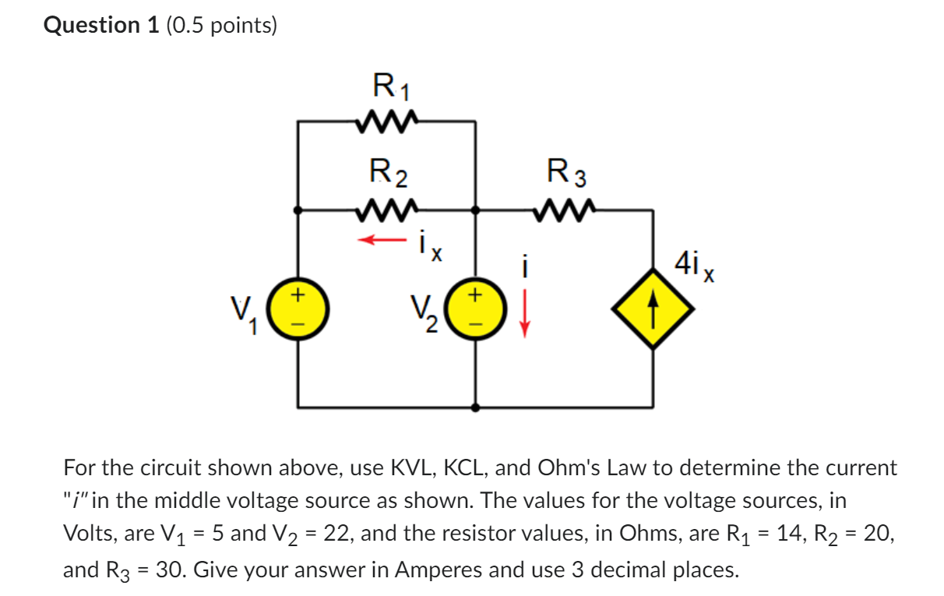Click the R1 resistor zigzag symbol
tap(387, 122)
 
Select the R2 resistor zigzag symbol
tap(387, 210)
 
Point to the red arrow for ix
tap(382, 240)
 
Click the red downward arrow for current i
tap(525, 312)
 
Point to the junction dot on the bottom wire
tap(476, 407)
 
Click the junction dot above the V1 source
tap(298, 210)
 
